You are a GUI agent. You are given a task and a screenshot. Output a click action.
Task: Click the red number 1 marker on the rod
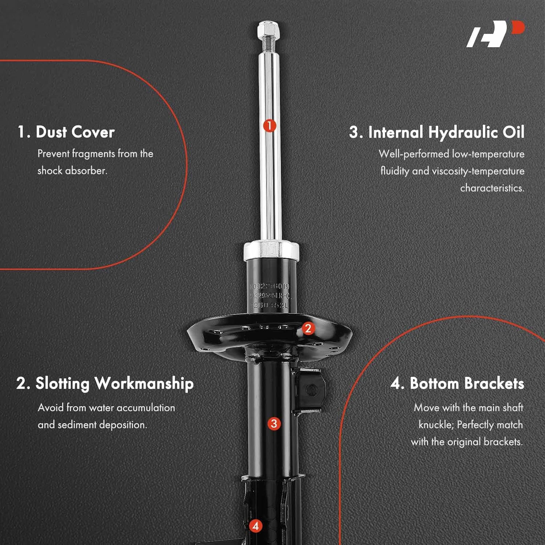click(x=269, y=126)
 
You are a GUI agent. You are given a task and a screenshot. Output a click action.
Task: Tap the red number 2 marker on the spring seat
click(x=308, y=328)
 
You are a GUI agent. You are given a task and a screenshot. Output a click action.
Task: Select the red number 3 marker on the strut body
click(x=274, y=423)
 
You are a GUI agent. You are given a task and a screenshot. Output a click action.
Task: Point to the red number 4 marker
click(x=255, y=526)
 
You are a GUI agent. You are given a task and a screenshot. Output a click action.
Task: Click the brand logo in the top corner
click(x=495, y=34)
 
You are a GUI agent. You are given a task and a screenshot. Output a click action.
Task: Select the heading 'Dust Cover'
click(x=75, y=132)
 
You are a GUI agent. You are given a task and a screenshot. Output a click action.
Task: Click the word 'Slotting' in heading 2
click(x=62, y=384)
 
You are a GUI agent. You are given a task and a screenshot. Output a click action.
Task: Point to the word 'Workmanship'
click(x=144, y=384)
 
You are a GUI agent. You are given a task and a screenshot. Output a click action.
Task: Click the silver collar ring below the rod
click(x=271, y=250)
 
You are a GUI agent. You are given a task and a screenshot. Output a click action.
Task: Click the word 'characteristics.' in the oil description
click(x=492, y=188)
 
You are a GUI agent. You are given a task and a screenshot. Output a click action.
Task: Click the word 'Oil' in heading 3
click(x=513, y=133)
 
